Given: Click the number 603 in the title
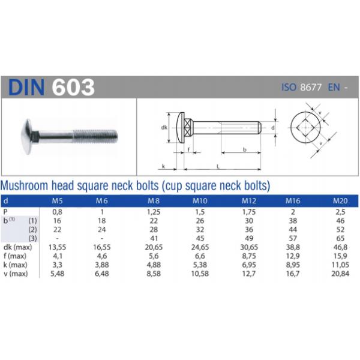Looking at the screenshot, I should (x=73, y=88).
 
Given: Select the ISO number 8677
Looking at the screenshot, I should (x=311, y=88).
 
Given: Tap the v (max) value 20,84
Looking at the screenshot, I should (x=340, y=275).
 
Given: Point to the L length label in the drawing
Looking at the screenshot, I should (x=217, y=164).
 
